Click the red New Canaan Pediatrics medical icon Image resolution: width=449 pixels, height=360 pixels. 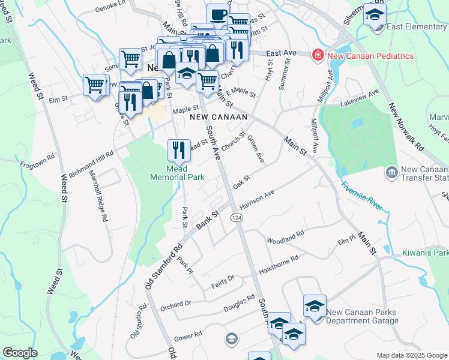(316, 56)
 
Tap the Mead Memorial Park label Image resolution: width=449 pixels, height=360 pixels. (178, 172)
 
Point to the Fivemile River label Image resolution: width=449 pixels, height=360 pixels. (362, 195)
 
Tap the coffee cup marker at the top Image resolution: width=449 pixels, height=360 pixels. (218, 14)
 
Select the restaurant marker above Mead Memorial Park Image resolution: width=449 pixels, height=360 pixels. (179, 151)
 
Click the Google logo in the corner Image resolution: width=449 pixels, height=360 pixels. (20, 353)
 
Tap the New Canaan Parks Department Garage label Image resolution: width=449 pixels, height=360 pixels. (362, 316)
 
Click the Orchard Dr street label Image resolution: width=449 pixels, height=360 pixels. (175, 304)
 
